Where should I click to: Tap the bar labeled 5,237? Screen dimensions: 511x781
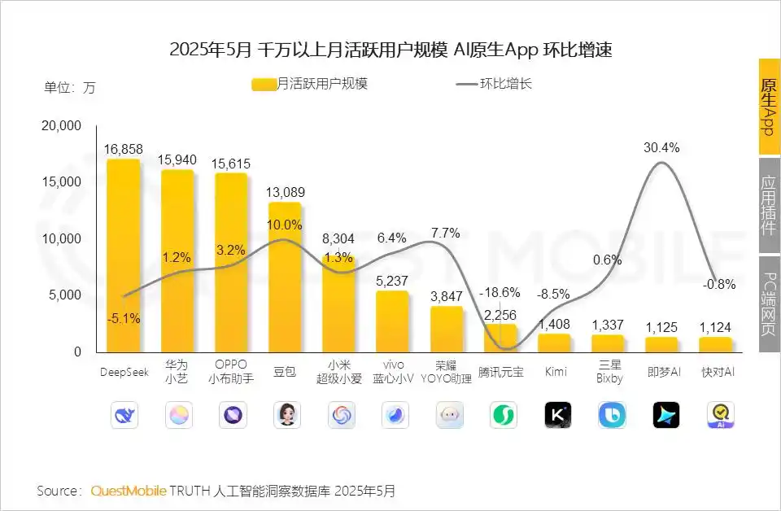[392, 321]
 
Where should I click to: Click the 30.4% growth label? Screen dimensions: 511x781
[661, 147]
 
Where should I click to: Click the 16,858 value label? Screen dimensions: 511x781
[124, 149]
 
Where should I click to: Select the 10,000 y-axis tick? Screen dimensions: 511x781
[62, 239]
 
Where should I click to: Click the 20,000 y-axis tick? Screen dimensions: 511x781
[62, 126]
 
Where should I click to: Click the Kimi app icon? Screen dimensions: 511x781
[557, 415]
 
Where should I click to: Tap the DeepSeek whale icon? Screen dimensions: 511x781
[124, 415]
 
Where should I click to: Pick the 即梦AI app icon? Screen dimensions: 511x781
[665, 415]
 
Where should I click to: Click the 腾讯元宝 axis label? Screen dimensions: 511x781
[501, 372]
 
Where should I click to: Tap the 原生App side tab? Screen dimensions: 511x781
[769, 107]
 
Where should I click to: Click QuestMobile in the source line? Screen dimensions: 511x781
[129, 491]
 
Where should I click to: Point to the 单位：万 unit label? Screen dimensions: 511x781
[69, 87]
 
